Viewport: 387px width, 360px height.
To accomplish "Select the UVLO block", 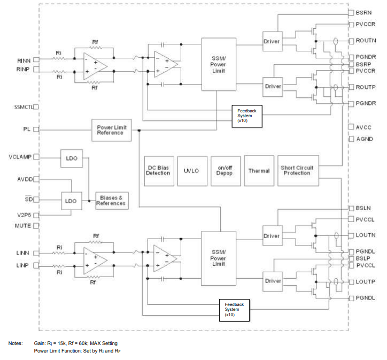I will pyautogui.click(x=191, y=171).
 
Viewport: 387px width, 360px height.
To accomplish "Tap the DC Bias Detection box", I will pyautogui.click(x=158, y=171).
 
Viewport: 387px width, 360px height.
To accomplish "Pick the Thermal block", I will pyautogui.click(x=259, y=171).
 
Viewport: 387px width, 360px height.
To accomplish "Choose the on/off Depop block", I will pyautogui.click(x=225, y=171).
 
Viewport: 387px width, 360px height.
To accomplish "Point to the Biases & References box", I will pyautogui.click(x=111, y=201).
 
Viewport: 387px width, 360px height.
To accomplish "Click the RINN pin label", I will pyautogui.click(x=24, y=60).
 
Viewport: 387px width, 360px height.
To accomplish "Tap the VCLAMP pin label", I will pyautogui.click(x=20, y=157).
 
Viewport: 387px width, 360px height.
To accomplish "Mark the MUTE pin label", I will pyautogui.click(x=23, y=226).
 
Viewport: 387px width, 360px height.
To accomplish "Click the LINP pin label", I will pyautogui.click(x=24, y=265).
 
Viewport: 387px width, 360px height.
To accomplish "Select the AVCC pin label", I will pyautogui.click(x=363, y=127).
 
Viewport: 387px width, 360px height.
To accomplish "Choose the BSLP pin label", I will pyautogui.click(x=363, y=258).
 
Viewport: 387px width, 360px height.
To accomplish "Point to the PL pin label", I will pyautogui.click(x=27, y=129).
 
